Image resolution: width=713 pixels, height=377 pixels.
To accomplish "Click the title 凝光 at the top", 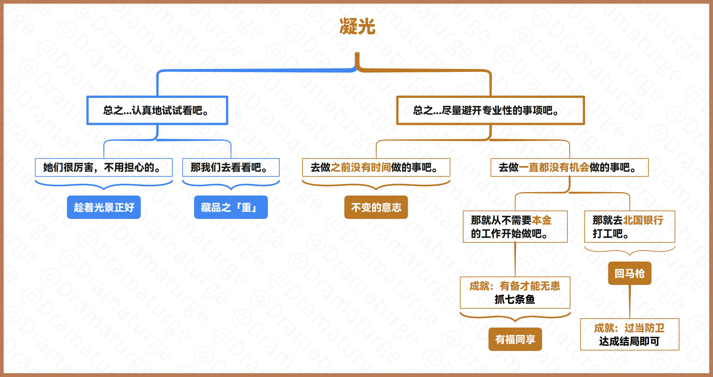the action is tap(357, 27).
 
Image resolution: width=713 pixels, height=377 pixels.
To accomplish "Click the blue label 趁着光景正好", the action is tap(104, 207).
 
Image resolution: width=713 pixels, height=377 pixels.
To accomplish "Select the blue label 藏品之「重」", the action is tap(231, 207).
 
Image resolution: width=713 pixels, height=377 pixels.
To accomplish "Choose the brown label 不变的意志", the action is tap(376, 207).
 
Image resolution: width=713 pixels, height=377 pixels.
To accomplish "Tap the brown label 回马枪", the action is tap(630, 273).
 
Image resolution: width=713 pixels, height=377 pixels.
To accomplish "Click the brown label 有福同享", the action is tap(515, 339).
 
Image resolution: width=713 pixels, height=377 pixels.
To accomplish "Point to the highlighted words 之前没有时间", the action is tap(361, 167).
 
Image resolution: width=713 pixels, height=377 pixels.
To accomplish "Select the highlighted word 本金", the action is tap(542, 220).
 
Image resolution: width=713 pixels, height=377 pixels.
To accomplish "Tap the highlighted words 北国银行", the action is tap(643, 220).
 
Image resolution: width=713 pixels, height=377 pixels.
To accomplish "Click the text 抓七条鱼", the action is tap(515, 299).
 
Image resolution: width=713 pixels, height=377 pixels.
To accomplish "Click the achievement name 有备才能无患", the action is tap(530, 286).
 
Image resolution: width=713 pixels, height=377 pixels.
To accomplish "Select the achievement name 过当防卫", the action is tap(645, 328).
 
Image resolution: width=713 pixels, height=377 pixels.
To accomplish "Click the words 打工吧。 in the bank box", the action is tap(611, 234).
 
